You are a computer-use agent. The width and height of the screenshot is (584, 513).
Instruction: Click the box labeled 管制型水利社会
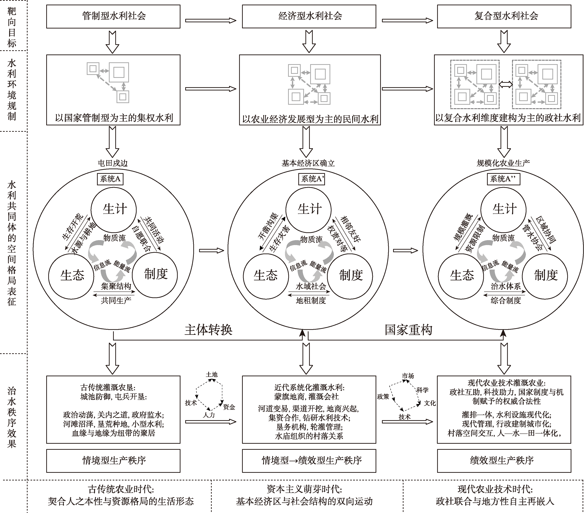(x=113, y=16)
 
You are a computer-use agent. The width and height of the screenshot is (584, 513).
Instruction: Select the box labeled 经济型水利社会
(x=309, y=16)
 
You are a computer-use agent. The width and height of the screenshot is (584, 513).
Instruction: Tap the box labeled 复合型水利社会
(x=504, y=16)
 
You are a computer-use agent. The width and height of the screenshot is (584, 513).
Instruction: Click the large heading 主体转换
(x=208, y=330)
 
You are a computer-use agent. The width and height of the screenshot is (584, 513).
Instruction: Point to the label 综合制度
(x=506, y=301)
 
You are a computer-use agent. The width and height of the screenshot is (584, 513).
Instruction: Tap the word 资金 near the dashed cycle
(x=229, y=407)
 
